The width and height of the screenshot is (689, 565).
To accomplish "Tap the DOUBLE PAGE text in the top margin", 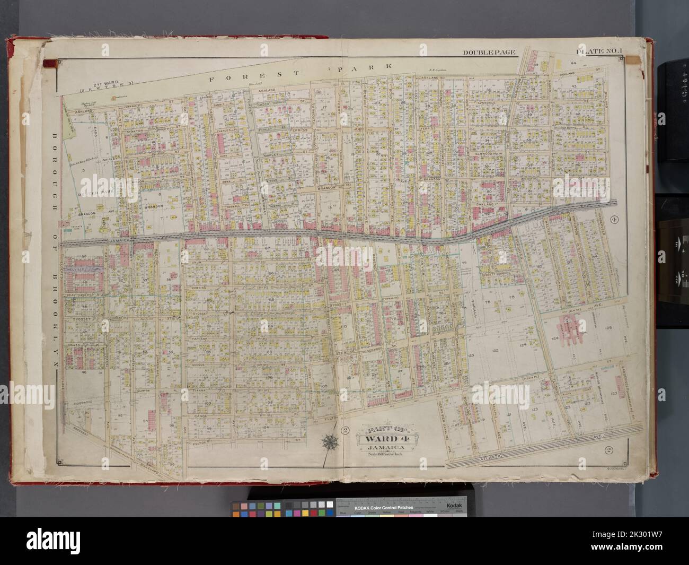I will click(484, 52).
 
